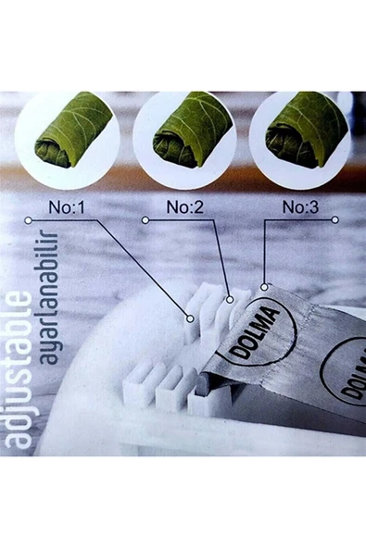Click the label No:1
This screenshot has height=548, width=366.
tap(67, 207)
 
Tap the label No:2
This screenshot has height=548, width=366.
tap(184, 207)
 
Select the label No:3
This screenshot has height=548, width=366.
tap(300, 207)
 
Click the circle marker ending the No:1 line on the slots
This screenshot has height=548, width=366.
tap(190, 318)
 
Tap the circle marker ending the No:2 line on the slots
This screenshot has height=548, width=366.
tap(230, 300)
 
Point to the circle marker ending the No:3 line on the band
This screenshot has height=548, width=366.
tap(265, 287)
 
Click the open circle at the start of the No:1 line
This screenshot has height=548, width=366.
tap(29, 220)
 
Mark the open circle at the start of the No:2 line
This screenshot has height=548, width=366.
tap(145, 220)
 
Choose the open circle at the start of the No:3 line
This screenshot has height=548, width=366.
tap(334, 219)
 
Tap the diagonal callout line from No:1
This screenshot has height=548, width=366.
tap(143, 268)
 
